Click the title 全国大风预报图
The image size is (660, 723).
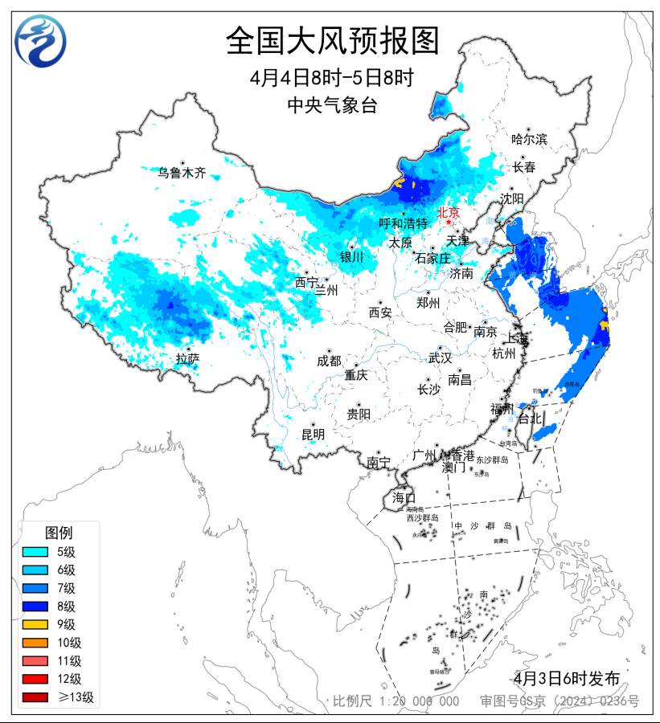click(x=332, y=40)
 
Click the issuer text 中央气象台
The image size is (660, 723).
click(x=332, y=105)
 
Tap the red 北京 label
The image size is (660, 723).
click(x=448, y=213)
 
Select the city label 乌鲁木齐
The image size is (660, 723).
click(x=182, y=173)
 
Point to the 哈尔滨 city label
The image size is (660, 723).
click(x=529, y=139)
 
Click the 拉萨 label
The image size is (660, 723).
click(x=187, y=359)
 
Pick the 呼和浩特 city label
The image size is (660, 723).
click(x=404, y=223)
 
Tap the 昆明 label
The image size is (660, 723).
click(x=313, y=435)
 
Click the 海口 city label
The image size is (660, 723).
click(x=404, y=498)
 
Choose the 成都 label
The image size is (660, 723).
click(x=329, y=361)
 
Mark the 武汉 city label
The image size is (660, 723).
click(x=440, y=357)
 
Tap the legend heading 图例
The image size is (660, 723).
click(x=58, y=533)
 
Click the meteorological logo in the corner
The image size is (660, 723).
click(x=40, y=41)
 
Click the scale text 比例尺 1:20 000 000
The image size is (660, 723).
click(x=396, y=701)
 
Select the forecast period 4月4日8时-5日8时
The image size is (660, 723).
click(x=332, y=78)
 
